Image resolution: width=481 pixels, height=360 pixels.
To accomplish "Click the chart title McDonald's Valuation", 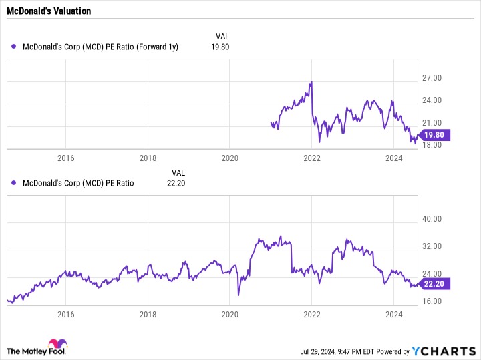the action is [x=49, y=11].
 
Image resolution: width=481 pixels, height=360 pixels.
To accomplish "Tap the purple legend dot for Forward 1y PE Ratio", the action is [x=13, y=47].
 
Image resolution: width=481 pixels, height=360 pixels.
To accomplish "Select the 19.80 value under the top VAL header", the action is [x=220, y=47].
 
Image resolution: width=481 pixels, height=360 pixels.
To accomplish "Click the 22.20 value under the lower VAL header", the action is [x=176, y=184].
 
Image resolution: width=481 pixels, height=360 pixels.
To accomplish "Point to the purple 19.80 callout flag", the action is [x=434, y=135].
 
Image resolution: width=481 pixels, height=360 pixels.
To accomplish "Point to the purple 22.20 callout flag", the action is [x=434, y=284].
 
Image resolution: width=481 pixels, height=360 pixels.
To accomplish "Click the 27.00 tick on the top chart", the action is [x=432, y=78].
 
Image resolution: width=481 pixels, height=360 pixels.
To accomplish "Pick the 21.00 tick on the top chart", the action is [x=432, y=123].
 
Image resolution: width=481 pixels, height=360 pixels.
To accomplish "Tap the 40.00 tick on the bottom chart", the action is [x=432, y=219].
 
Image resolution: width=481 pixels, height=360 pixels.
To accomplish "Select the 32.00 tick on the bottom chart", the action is [x=432, y=246].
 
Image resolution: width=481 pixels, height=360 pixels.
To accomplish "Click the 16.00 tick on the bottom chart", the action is [x=432, y=301].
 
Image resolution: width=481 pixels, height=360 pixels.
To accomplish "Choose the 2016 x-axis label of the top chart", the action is [x=66, y=158].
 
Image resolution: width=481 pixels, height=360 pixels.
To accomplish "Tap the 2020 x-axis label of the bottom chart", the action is [x=230, y=315].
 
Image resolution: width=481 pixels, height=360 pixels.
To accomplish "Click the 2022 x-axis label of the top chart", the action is [x=312, y=158].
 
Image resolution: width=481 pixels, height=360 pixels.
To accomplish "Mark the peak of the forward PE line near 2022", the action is [x=311, y=82].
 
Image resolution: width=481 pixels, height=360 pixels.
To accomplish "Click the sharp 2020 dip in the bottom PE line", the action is [x=238, y=295].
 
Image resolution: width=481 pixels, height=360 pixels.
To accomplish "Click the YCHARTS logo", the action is [x=444, y=351].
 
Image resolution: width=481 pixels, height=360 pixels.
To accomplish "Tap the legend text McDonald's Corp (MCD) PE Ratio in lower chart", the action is [x=78, y=184].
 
